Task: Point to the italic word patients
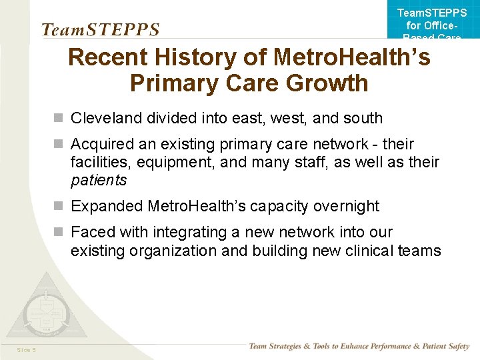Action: [x=99, y=180]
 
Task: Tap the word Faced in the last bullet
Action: [x=92, y=233]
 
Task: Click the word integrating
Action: [x=189, y=233]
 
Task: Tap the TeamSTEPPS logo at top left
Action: [x=101, y=29]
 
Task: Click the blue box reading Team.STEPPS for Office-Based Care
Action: [x=432, y=22]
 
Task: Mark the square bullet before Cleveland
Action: [x=59, y=119]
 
